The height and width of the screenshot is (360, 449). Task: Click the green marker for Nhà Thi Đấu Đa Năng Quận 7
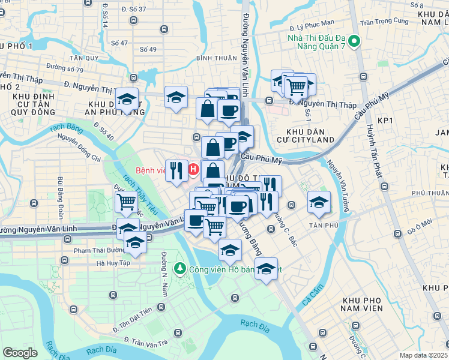[x=354, y=43]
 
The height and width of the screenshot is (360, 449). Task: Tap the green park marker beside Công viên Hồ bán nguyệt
[x=178, y=268]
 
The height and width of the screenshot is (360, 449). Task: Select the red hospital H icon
[x=193, y=170]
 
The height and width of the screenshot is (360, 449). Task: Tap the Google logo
[x=20, y=353]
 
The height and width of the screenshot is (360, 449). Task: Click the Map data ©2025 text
[x=424, y=355]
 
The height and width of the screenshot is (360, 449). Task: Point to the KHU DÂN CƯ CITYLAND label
[x=310, y=135]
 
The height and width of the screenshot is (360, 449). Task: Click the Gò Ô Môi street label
[x=420, y=225]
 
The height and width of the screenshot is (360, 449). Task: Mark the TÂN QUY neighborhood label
[x=83, y=58]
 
